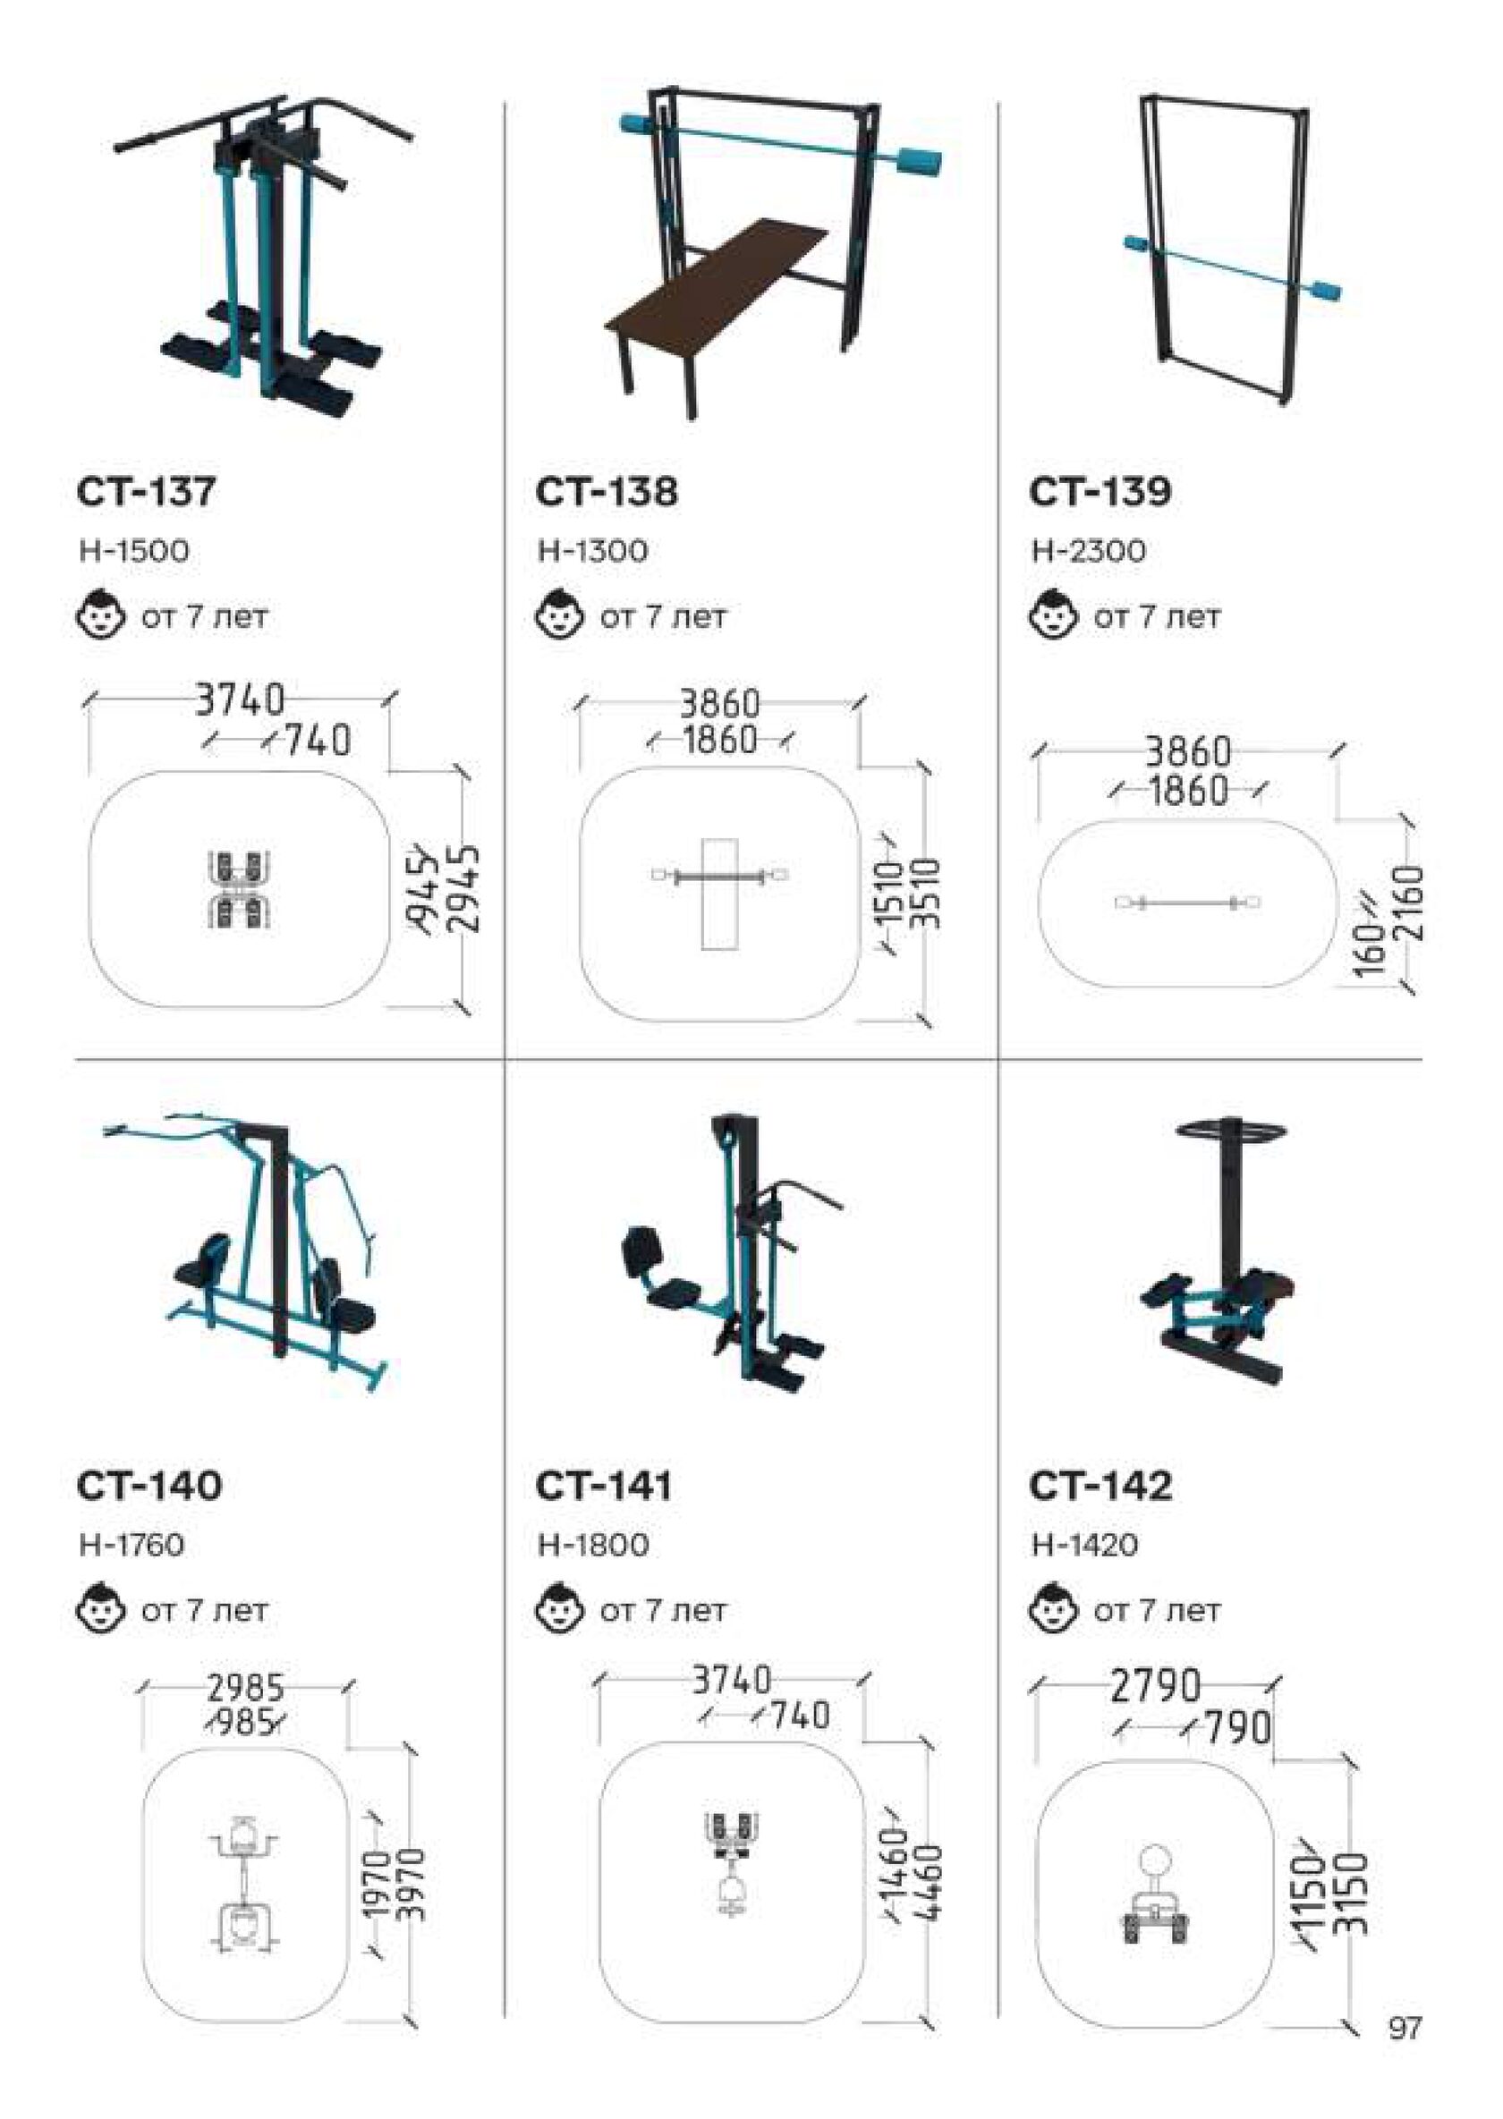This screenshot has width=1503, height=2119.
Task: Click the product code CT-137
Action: point(146,491)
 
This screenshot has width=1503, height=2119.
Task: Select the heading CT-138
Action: point(607,491)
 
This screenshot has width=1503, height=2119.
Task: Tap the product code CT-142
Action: point(1101,1486)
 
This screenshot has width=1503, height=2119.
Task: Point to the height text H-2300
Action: point(1090,552)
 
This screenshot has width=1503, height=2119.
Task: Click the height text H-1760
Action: point(132,1545)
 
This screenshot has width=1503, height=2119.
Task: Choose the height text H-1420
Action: point(1085,1545)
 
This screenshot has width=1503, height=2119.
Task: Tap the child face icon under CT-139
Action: point(1053,615)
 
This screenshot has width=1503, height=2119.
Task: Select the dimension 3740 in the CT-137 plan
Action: point(241,700)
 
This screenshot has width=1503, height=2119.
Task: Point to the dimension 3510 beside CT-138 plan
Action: point(923,894)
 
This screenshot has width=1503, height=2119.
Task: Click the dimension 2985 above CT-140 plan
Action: point(245,1690)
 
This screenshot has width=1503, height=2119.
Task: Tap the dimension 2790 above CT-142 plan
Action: point(1155,1686)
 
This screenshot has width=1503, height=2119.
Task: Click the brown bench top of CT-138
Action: point(717,283)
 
